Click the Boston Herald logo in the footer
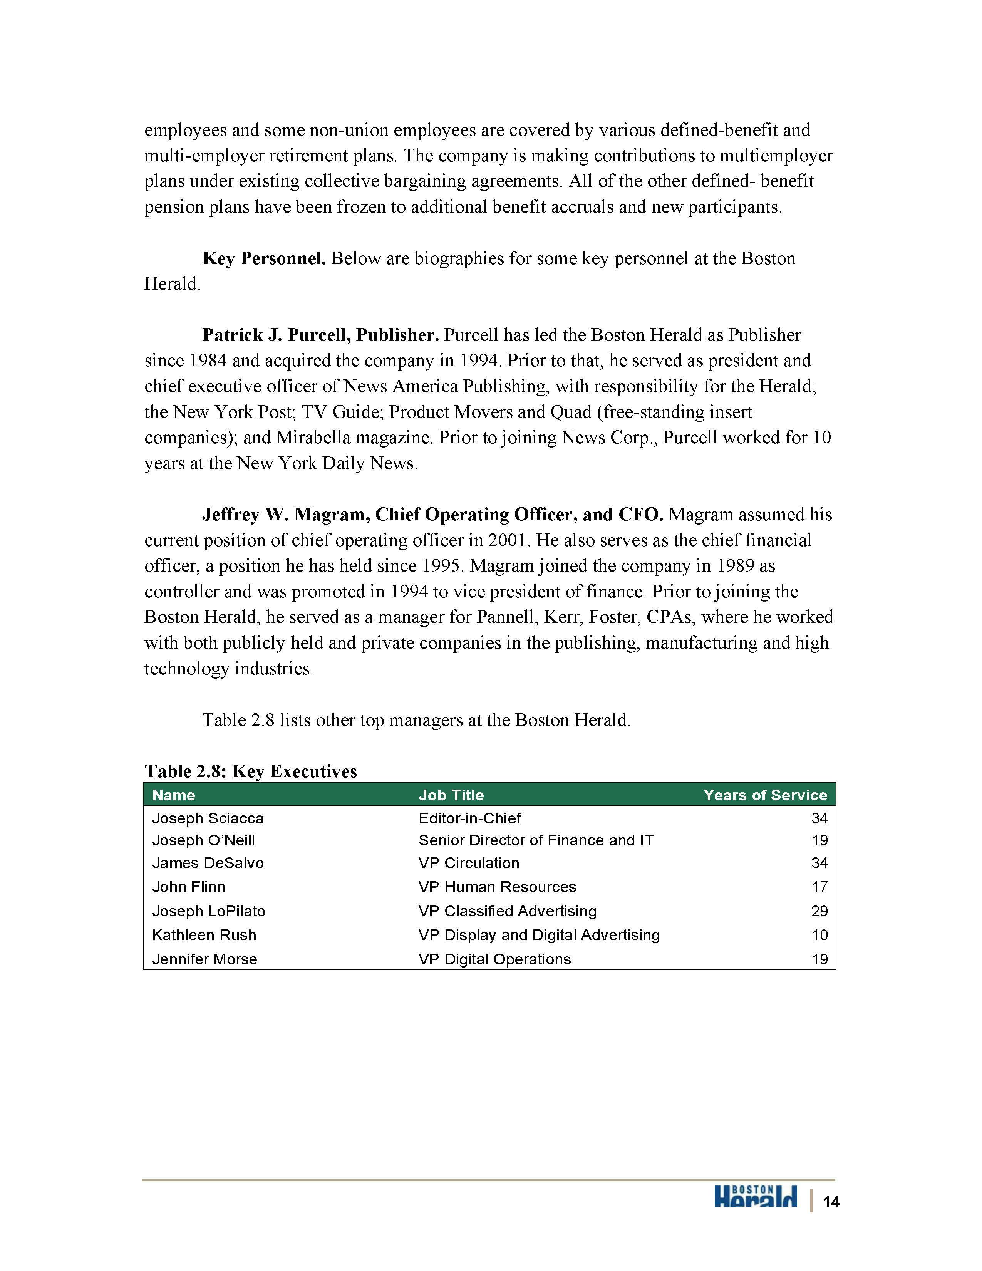tap(755, 1197)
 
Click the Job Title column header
tap(451, 795)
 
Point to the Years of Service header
tap(765, 795)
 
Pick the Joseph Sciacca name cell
tap(208, 818)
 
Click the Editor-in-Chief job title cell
tap(469, 818)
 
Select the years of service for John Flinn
tap(819, 887)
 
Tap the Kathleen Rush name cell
tap(204, 935)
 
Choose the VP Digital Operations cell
tap(494, 959)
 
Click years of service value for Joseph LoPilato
tap(819, 911)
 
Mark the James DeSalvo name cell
tap(208, 863)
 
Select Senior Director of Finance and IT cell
tap(536, 840)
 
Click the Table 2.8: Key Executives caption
tap(251, 771)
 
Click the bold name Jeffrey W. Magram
tap(283, 515)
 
